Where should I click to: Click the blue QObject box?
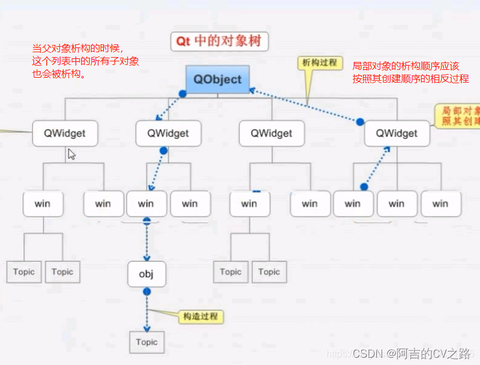click(x=217, y=80)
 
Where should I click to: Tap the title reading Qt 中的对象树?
click(x=218, y=41)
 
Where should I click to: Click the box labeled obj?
click(x=146, y=274)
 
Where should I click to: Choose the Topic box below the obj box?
click(x=146, y=342)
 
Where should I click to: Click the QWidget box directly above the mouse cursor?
click(x=66, y=133)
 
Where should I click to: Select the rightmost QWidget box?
click(x=397, y=133)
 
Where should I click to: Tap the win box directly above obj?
click(x=146, y=203)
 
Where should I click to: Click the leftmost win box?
click(x=42, y=203)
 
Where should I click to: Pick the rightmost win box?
click(x=440, y=203)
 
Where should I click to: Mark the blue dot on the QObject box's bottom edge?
click(x=181, y=94)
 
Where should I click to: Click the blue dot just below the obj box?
click(x=146, y=292)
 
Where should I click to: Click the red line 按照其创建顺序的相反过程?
click(x=411, y=78)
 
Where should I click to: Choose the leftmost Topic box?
click(x=24, y=271)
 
